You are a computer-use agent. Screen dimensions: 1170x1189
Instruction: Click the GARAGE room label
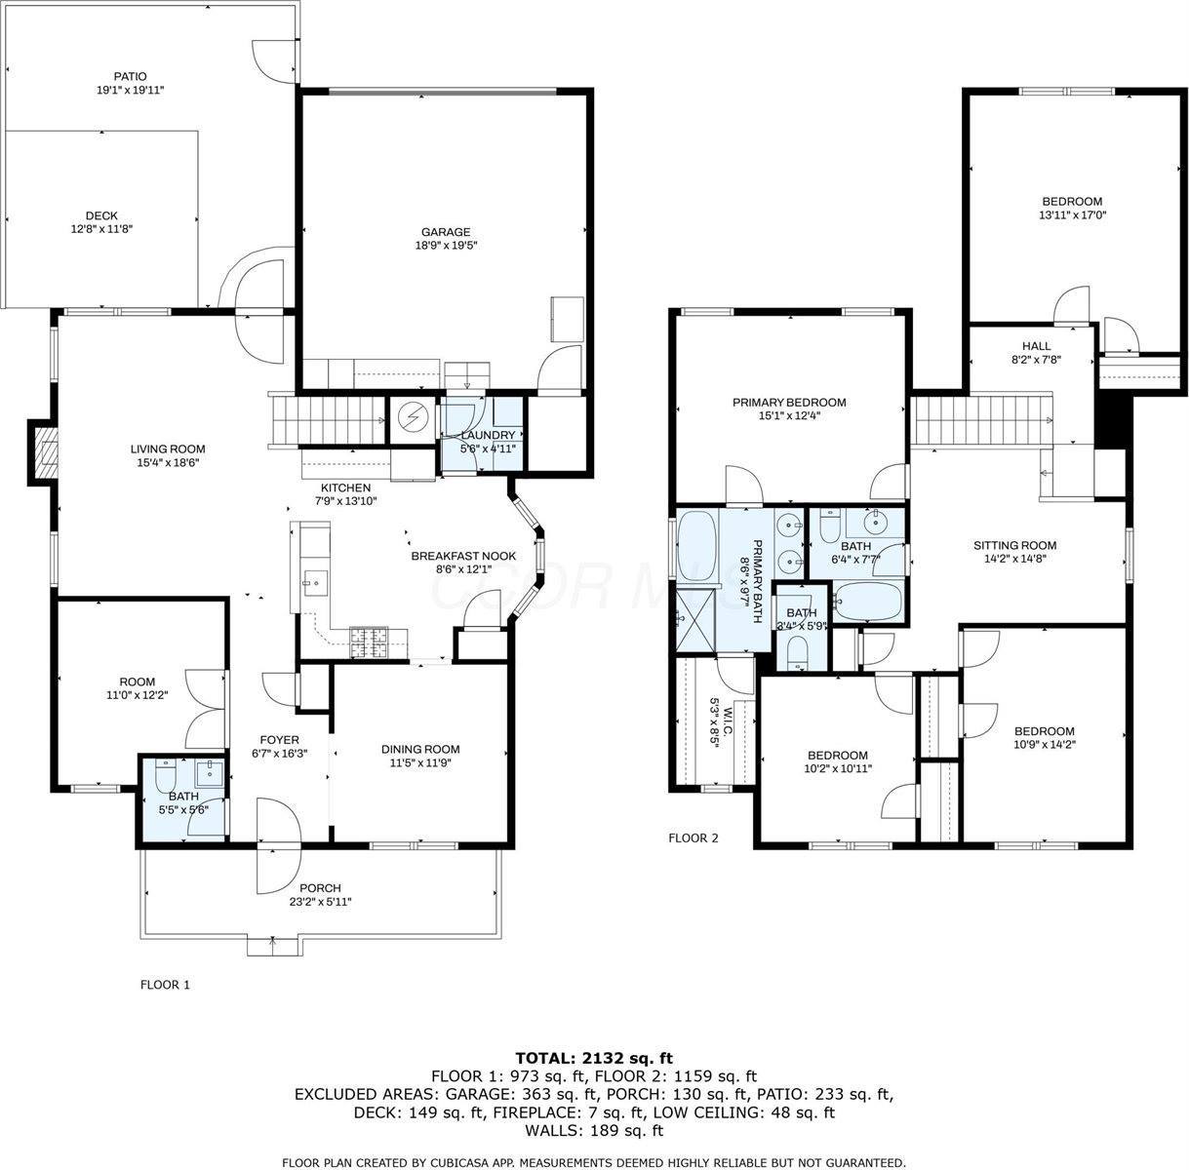pyautogui.click(x=446, y=232)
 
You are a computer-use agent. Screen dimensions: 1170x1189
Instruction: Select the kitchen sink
pyautogui.click(x=314, y=583)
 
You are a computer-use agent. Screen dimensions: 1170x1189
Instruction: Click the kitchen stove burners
pyautogui.click(x=369, y=641)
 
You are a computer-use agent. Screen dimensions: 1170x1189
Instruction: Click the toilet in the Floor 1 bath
pyautogui.click(x=164, y=777)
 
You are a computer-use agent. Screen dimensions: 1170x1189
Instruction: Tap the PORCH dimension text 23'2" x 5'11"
pyautogui.click(x=320, y=902)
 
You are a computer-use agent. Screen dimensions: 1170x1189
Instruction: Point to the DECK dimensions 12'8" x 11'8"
pyautogui.click(x=101, y=229)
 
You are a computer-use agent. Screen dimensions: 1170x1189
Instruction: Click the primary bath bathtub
pyautogui.click(x=695, y=542)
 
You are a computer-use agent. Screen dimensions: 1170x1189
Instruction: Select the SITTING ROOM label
pyautogui.click(x=1014, y=545)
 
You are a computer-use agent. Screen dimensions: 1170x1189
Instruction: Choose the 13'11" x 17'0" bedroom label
pyautogui.click(x=1072, y=214)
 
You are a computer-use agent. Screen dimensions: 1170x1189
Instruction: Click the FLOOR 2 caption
pyautogui.click(x=693, y=838)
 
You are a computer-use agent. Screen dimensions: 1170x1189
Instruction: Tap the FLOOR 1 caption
pyautogui.click(x=165, y=985)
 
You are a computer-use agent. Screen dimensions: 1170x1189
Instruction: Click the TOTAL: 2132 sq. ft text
pyautogui.click(x=593, y=1057)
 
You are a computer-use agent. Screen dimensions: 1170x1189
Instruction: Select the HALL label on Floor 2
pyautogui.click(x=1036, y=346)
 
